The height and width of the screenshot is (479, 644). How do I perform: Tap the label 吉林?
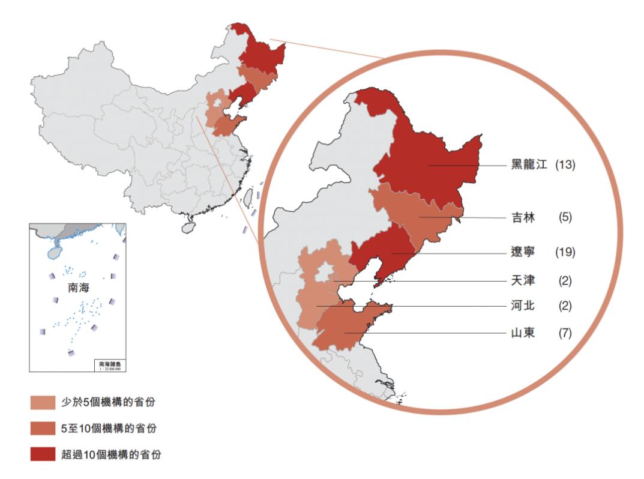[x=520, y=217]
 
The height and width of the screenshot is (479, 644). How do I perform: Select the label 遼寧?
[x=520, y=252]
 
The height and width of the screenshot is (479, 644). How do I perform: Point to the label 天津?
[x=520, y=280]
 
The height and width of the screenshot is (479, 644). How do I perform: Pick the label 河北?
[x=520, y=306]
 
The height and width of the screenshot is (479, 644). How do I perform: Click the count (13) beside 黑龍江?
[x=565, y=164]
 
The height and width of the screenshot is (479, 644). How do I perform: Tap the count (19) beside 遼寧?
[x=565, y=252]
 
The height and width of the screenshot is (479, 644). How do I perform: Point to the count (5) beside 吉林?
[x=565, y=217]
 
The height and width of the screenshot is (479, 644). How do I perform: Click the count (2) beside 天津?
[x=565, y=280]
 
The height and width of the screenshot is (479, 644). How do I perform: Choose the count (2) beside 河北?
[x=565, y=306]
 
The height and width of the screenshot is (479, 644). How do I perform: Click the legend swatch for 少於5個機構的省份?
[x=42, y=402]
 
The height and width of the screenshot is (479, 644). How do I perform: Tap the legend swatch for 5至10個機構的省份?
[x=42, y=429]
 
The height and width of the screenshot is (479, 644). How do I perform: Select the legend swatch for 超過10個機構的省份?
[x=42, y=454]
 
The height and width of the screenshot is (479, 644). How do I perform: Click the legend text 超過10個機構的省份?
[x=111, y=454]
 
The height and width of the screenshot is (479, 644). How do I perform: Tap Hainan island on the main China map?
[x=188, y=227]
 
